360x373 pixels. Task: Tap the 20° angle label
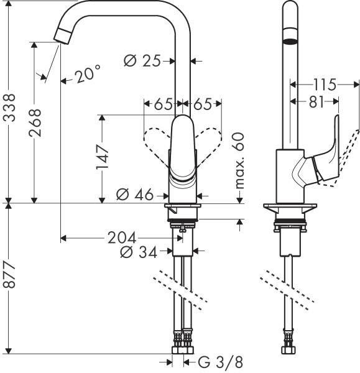(86, 75)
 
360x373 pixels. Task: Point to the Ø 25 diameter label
(142, 61)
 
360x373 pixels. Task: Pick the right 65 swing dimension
(203, 103)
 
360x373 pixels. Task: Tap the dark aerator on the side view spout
(290, 42)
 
